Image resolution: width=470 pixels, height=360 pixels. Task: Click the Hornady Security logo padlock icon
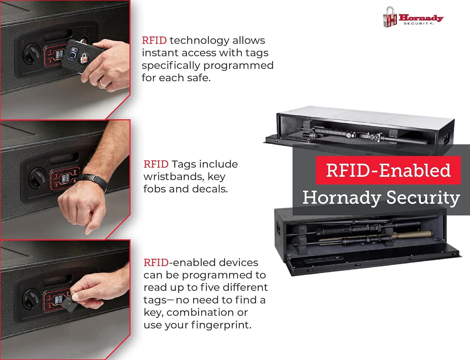tap(390, 18)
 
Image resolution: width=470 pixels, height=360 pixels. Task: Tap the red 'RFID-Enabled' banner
tap(388, 170)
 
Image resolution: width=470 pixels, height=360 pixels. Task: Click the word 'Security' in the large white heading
tap(423, 198)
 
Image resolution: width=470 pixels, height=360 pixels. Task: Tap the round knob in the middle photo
tap(37, 177)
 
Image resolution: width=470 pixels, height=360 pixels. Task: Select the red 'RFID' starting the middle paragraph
tap(156, 164)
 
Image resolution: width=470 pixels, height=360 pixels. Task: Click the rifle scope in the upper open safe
tap(332, 133)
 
